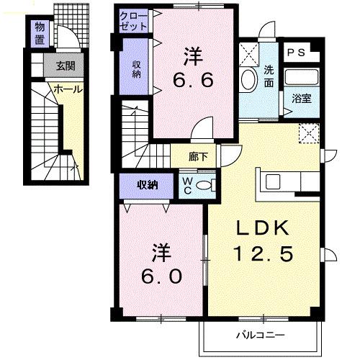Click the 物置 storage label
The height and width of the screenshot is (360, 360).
40,33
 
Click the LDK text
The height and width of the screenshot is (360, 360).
263,228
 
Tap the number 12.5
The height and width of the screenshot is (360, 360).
263,254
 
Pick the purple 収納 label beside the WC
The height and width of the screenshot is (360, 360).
148,186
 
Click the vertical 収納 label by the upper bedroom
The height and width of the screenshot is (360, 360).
135,69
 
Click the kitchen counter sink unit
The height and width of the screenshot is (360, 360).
277,181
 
